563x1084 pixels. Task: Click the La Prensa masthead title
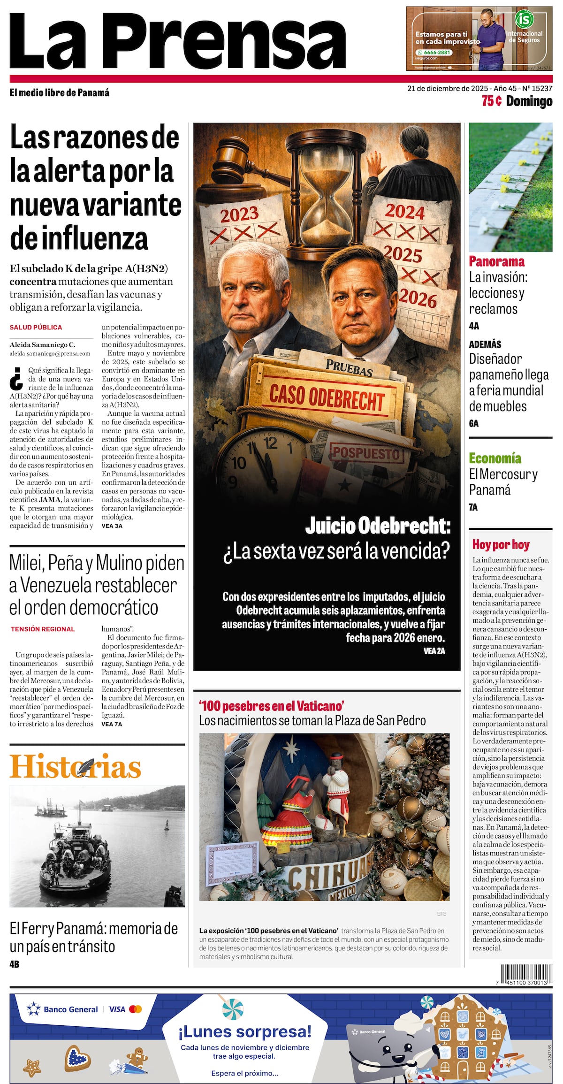coord(177,41)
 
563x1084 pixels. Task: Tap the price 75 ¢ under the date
coord(492,101)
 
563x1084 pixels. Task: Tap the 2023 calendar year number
coord(239,214)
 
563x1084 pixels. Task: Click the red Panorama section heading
coord(496,261)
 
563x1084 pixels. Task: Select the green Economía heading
coord(495,458)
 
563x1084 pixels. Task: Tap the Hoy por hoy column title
coord(501,544)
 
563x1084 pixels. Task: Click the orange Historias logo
coord(75,767)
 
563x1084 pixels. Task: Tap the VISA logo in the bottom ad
coord(117,1009)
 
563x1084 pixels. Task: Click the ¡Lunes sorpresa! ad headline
coord(244,1031)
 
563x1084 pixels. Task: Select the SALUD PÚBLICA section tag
coord(36,327)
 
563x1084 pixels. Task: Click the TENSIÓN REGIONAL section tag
coord(43,629)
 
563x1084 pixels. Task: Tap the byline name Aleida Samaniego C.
coord(42,344)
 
